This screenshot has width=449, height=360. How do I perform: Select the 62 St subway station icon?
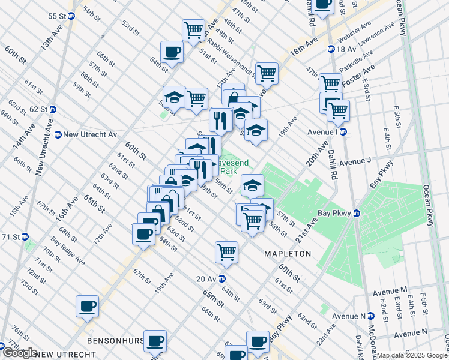(53, 109)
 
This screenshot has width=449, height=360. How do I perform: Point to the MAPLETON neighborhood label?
(288, 254)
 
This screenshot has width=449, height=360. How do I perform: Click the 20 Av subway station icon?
(221, 278)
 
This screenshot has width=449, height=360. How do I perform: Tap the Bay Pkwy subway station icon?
(356, 213)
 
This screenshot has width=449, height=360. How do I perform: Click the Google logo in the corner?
(20, 353)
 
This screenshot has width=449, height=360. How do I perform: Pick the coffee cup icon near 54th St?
(172, 52)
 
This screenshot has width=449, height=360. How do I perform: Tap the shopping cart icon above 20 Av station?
(227, 252)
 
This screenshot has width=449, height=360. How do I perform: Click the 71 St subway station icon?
(26, 237)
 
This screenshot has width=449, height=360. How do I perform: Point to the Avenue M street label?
(390, 290)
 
